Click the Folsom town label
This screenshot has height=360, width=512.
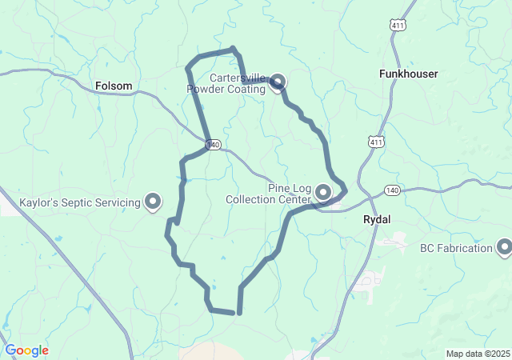point(114,86)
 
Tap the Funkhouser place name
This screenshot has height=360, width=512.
point(408,74)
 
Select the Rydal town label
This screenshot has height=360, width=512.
point(377,218)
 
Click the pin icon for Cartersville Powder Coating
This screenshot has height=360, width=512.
point(278,81)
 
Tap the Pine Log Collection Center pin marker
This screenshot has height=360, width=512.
point(324,192)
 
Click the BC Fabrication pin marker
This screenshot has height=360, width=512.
point(504,248)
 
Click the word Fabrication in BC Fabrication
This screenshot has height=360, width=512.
point(465,248)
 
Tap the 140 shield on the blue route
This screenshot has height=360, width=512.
point(212,145)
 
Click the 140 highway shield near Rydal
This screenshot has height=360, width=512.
point(391,190)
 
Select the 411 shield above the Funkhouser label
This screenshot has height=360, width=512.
point(398,26)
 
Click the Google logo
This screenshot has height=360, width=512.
point(26,350)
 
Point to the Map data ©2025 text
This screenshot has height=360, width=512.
point(478,354)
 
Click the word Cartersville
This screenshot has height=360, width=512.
point(238,78)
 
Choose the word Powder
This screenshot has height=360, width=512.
point(206,89)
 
